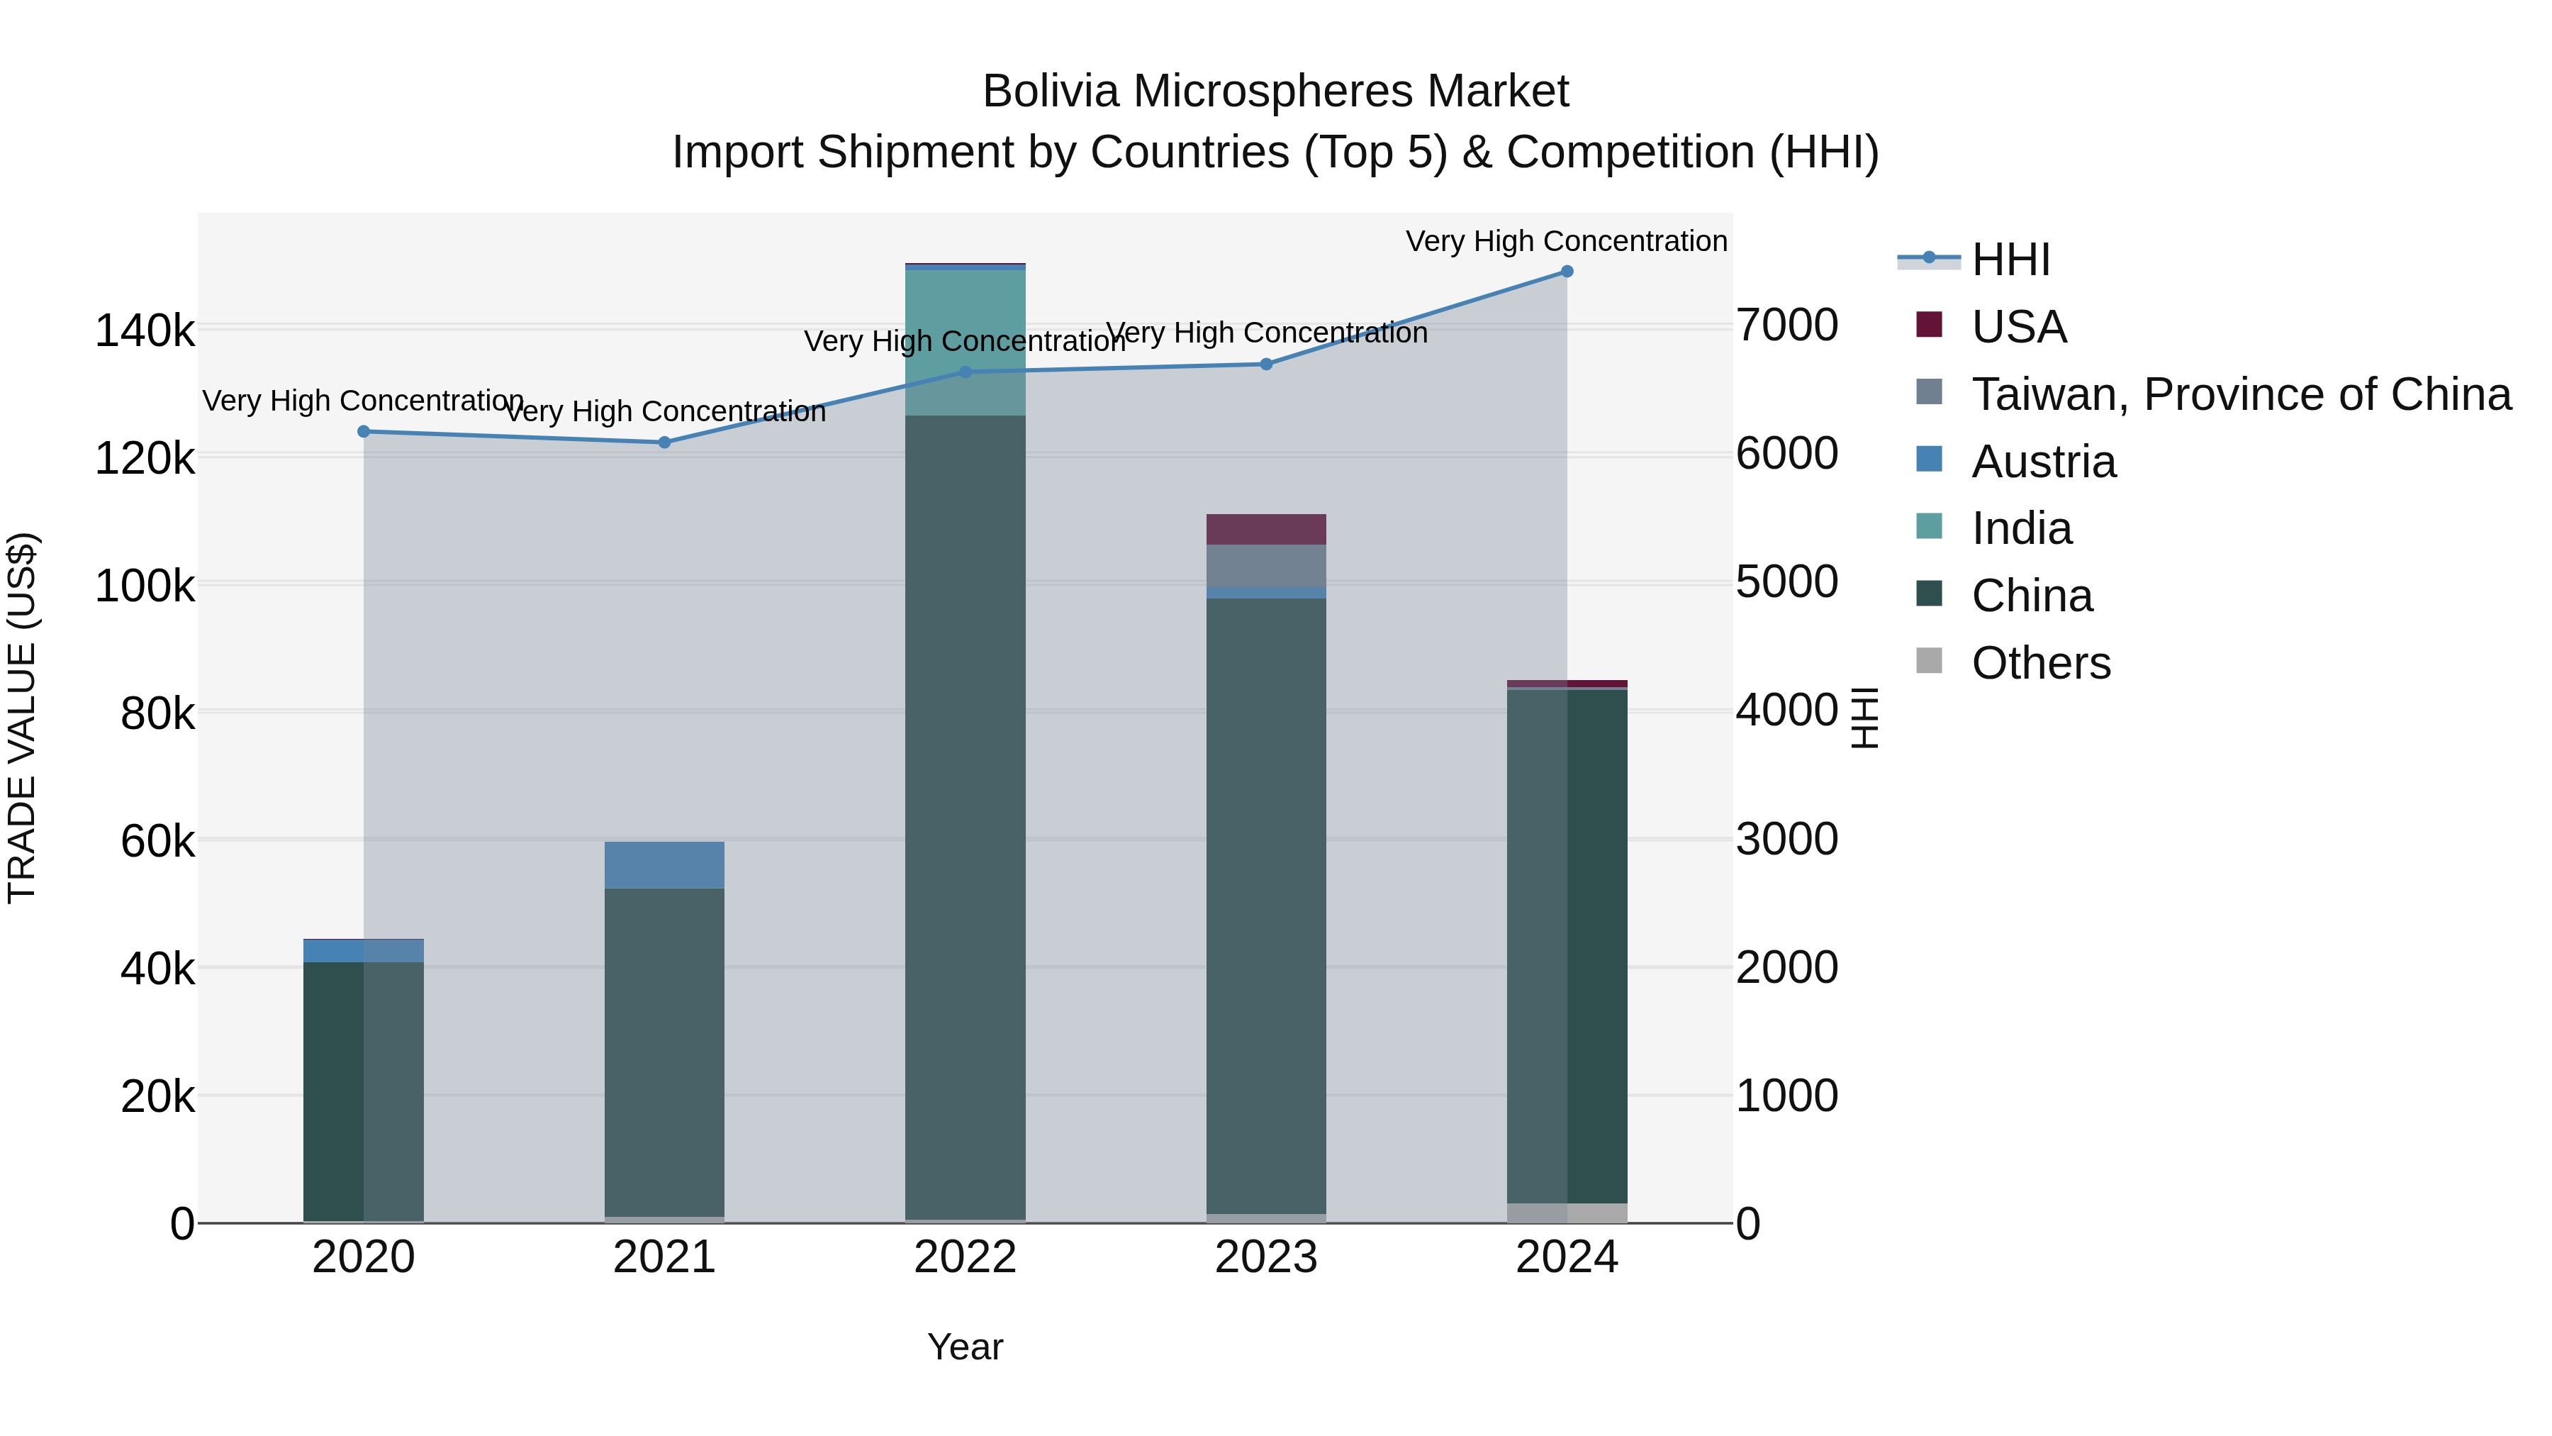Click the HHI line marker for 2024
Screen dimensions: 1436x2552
click(1566, 272)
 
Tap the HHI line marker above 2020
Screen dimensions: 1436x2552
click(364, 431)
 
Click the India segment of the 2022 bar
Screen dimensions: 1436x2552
click(965, 342)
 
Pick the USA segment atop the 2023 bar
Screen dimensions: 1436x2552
click(1265, 529)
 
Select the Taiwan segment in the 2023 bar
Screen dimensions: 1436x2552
click(1265, 566)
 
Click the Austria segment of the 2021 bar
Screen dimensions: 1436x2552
click(664, 865)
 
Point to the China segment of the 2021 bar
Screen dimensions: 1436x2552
click(664, 1050)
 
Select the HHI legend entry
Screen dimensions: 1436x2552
click(2010, 260)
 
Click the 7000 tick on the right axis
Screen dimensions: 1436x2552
click(1786, 325)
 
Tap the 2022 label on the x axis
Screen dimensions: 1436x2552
click(965, 1257)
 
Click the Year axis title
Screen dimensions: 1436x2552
click(965, 1347)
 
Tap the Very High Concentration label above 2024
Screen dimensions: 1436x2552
click(1566, 241)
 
